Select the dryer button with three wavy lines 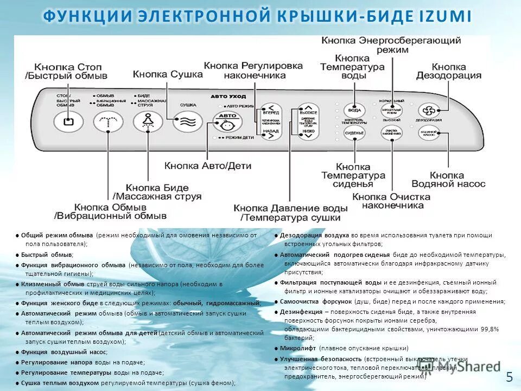pyautogui.click(x=188, y=121)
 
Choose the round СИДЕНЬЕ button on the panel pyautogui.click(x=354, y=133)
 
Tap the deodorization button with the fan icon pyautogui.click(x=429, y=110)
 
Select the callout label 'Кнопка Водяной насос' pyautogui.click(x=448, y=179)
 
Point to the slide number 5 pyautogui.click(x=509, y=377)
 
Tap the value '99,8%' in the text pyautogui.click(x=487, y=329)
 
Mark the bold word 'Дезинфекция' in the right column pyautogui.click(x=301, y=312)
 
